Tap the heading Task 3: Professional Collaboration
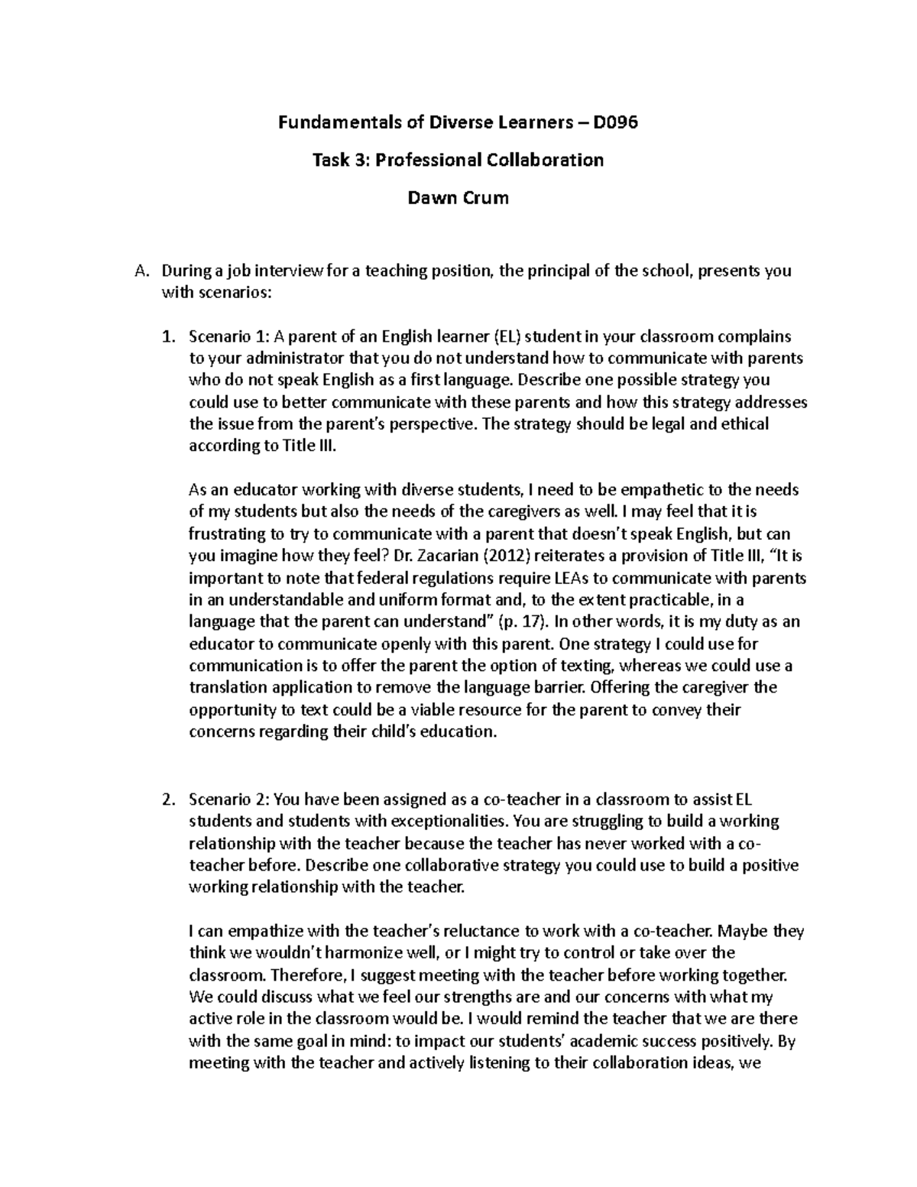(x=458, y=160)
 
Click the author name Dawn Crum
(x=458, y=198)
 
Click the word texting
(x=605, y=665)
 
